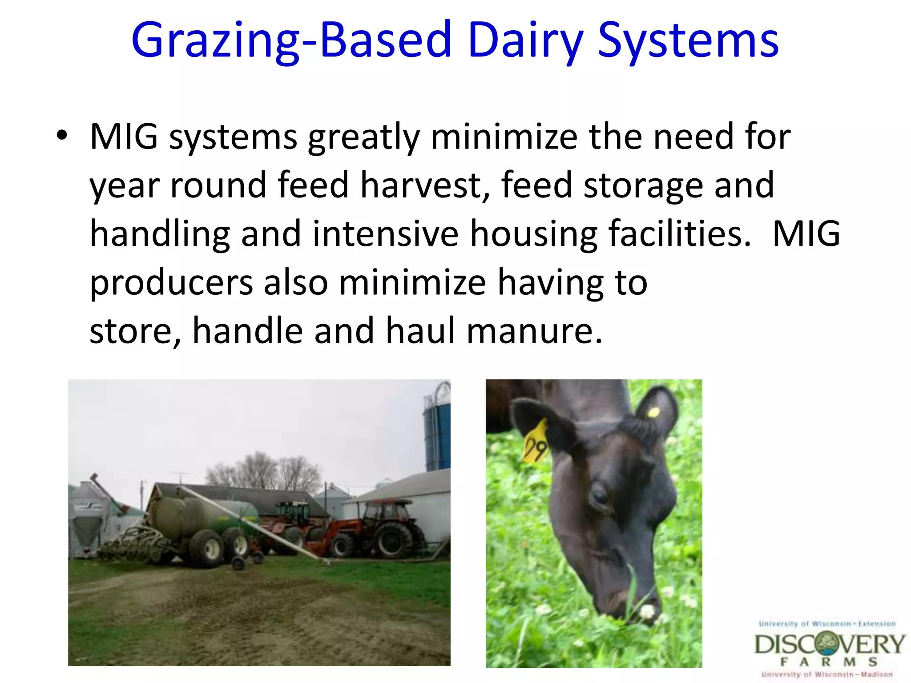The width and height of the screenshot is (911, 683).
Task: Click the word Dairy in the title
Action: point(525,41)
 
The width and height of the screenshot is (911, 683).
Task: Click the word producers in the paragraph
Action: point(171,283)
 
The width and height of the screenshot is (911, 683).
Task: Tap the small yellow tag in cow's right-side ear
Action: point(653,412)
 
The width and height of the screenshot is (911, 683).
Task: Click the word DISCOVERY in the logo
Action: point(830,644)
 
